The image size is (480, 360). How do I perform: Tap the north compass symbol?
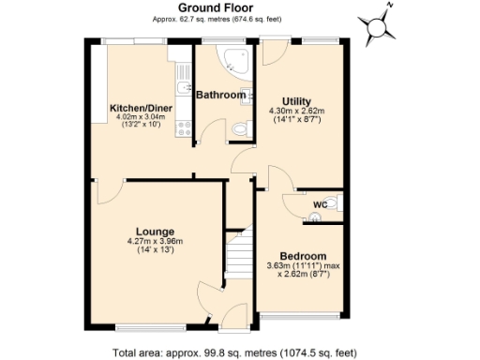[x=382, y=28]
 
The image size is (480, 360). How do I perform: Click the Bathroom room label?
[x=220, y=95]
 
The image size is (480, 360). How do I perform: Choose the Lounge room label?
[x=155, y=231]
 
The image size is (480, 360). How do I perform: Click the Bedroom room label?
[x=303, y=256]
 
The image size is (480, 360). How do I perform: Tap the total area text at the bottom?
[x=233, y=352]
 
